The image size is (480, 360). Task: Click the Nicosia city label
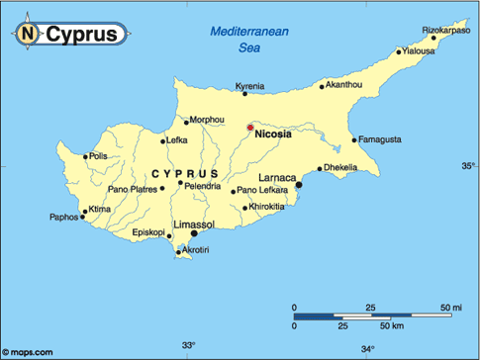pyautogui.click(x=272, y=135)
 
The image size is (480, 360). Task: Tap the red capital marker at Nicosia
pyautogui.click(x=249, y=127)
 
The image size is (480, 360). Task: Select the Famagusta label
pyautogui.click(x=381, y=139)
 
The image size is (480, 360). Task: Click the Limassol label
pyautogui.click(x=194, y=225)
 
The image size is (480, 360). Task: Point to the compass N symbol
pyautogui.click(x=28, y=35)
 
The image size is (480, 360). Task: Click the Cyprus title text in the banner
pyautogui.click(x=86, y=35)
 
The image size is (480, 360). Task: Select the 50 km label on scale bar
pyautogui.click(x=393, y=326)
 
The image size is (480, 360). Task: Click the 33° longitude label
pyautogui.click(x=189, y=345)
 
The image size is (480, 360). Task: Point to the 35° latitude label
pyautogui.click(x=468, y=166)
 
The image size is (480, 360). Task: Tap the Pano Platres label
pyautogui.click(x=132, y=189)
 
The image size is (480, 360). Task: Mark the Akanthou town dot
pyautogui.click(x=323, y=86)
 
